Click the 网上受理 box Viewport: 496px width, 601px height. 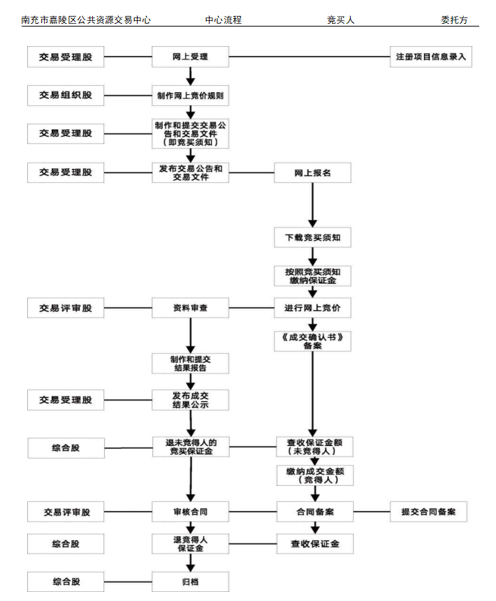(190, 57)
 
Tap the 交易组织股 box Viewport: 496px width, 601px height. (66, 95)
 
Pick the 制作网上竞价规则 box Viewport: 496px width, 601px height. (190, 95)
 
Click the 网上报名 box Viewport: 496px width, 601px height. (312, 172)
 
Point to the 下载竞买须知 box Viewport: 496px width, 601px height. (312, 237)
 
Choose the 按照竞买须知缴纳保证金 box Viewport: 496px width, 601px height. (312, 276)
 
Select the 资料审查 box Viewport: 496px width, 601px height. (190, 307)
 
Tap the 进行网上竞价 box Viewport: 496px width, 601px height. (312, 307)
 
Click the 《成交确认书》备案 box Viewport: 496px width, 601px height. (312, 341)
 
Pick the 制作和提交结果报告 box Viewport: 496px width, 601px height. (190, 363)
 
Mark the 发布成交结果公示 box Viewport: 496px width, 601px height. (190, 400)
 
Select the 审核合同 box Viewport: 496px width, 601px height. (190, 512)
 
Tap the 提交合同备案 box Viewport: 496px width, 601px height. (428, 512)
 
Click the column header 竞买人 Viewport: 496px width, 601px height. (341, 20)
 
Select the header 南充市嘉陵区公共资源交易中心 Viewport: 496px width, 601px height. (86, 20)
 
